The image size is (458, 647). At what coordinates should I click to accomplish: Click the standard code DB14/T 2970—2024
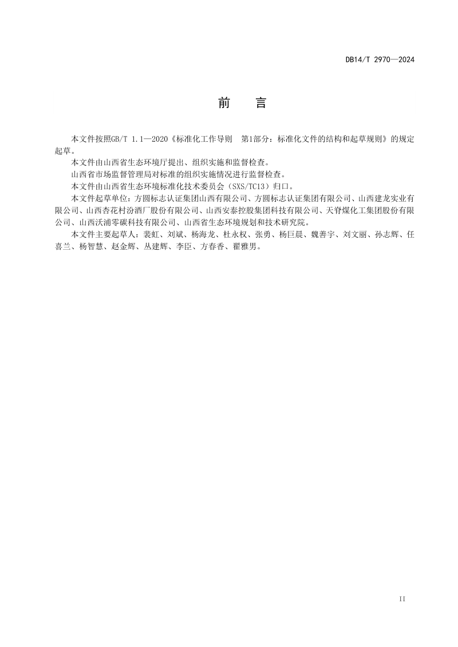tap(380, 59)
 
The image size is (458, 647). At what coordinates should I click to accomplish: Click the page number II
tap(402, 598)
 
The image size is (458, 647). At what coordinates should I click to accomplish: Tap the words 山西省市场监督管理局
tap(102, 174)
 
